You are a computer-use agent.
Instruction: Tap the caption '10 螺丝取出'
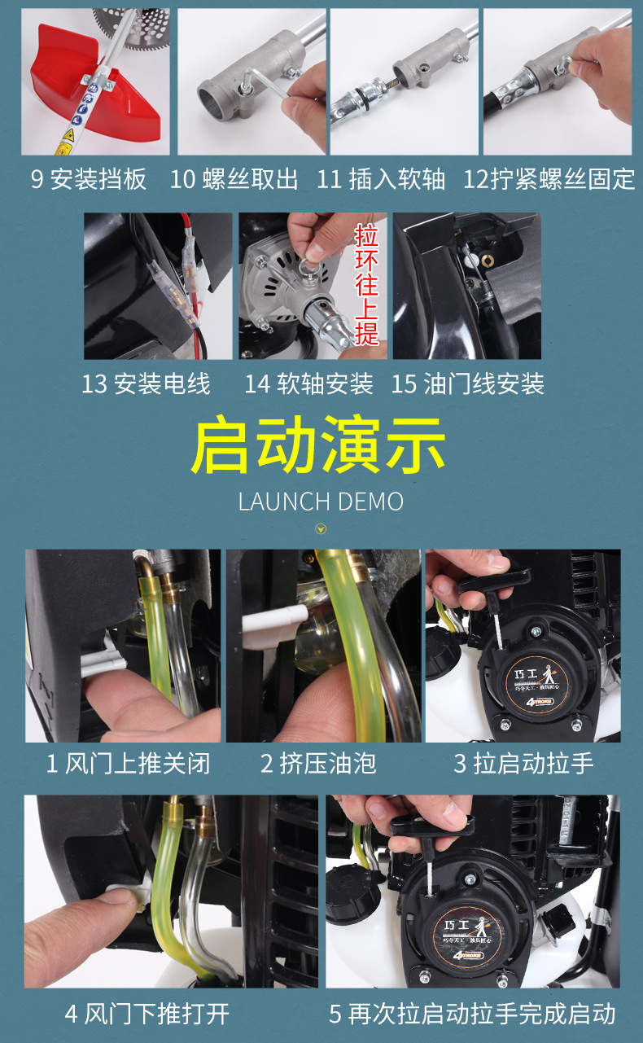pos(234,179)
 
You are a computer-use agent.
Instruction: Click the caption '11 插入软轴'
pos(381,179)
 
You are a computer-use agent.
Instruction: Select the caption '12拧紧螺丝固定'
pos(549,179)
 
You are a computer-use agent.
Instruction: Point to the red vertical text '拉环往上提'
pos(366,285)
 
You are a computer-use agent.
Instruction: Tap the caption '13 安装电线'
pos(146,384)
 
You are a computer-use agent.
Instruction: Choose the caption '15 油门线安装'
pos(467,384)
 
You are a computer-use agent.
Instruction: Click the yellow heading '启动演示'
pos(318,445)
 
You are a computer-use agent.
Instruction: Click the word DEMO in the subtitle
pos(370,502)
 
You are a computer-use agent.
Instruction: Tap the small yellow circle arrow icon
pos(321,529)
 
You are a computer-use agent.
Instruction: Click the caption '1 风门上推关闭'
pos(128,764)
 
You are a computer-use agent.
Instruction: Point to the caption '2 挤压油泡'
pos(318,764)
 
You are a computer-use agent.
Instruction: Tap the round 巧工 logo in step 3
pos(536,682)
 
